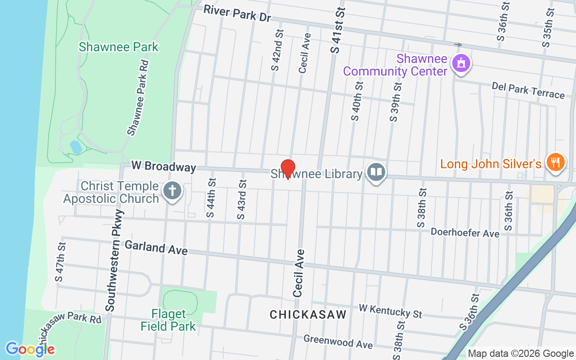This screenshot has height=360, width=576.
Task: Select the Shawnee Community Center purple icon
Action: pos(461,63)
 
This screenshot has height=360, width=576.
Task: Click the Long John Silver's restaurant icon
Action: pos(555,162)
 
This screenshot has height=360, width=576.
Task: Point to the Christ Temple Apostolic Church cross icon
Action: pos(172,190)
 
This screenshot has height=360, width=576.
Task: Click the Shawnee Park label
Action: pos(119,47)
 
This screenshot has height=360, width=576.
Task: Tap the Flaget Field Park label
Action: pos(168,320)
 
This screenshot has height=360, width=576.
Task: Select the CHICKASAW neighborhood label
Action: pos(308,315)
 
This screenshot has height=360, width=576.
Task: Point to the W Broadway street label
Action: pos(164,166)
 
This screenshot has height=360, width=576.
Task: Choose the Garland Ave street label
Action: pos(156,247)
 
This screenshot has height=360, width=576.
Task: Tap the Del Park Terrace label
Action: pos(528,90)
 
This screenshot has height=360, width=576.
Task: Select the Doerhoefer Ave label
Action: pos(465,233)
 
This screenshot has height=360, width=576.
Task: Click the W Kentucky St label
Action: pos(391,310)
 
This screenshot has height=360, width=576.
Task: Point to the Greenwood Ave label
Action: pos(338,341)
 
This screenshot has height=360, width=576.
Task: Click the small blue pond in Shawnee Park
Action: pos(76,147)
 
